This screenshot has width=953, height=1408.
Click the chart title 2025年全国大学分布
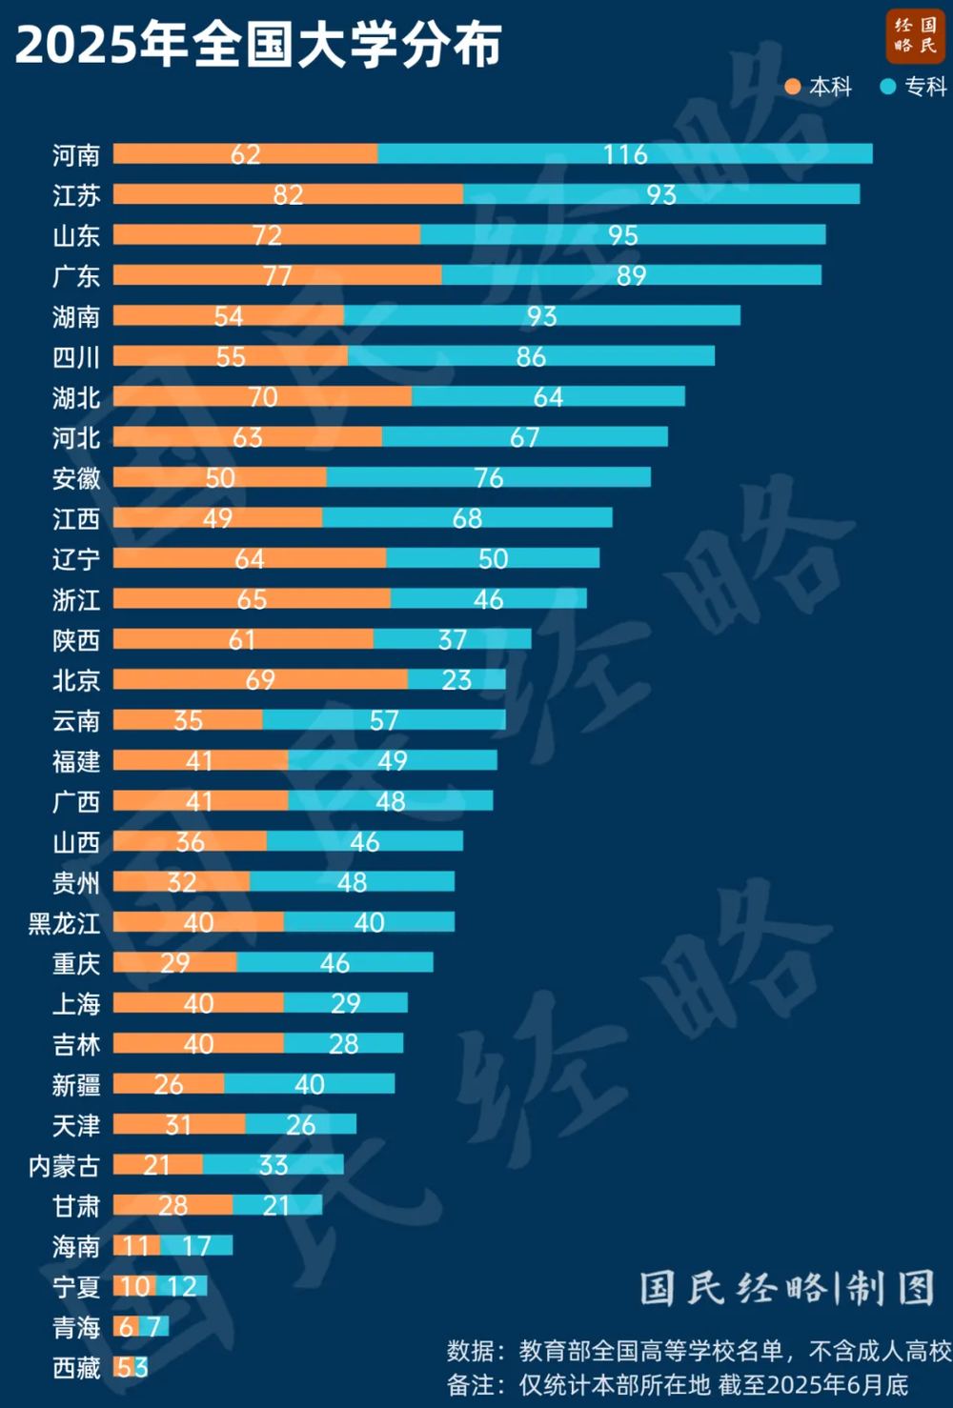point(258,44)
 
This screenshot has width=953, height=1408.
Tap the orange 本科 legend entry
point(819,87)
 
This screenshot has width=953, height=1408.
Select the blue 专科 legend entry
point(914,87)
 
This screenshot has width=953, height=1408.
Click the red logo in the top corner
point(914,35)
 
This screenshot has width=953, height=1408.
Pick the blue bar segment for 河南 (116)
point(624,153)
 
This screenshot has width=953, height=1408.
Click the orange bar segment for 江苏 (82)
point(288,194)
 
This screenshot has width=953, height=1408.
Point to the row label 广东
point(75,276)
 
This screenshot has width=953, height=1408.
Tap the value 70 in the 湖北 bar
point(262,396)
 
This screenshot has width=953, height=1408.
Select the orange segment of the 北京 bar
point(259,679)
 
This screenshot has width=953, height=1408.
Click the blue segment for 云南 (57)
point(384,720)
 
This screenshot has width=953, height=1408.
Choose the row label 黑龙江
point(64,923)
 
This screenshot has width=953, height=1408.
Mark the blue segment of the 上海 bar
point(345,1003)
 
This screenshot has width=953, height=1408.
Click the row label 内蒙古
point(64,1166)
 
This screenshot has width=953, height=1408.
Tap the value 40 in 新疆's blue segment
point(309,1084)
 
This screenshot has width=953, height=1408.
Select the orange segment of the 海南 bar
point(136,1246)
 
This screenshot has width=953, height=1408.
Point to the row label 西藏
point(75,1368)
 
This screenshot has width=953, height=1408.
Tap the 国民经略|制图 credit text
point(786,1288)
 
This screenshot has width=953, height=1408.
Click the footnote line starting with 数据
point(699,1350)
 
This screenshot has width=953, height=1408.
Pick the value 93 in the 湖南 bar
point(541,315)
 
